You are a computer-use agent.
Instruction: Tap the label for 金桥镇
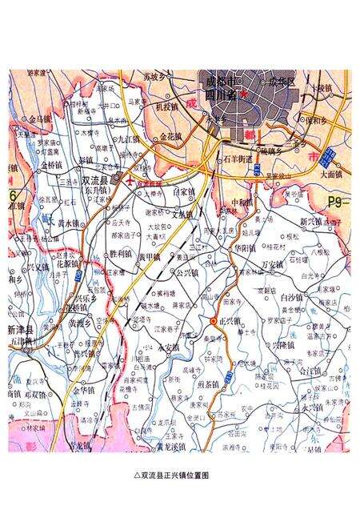pos(50,164)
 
